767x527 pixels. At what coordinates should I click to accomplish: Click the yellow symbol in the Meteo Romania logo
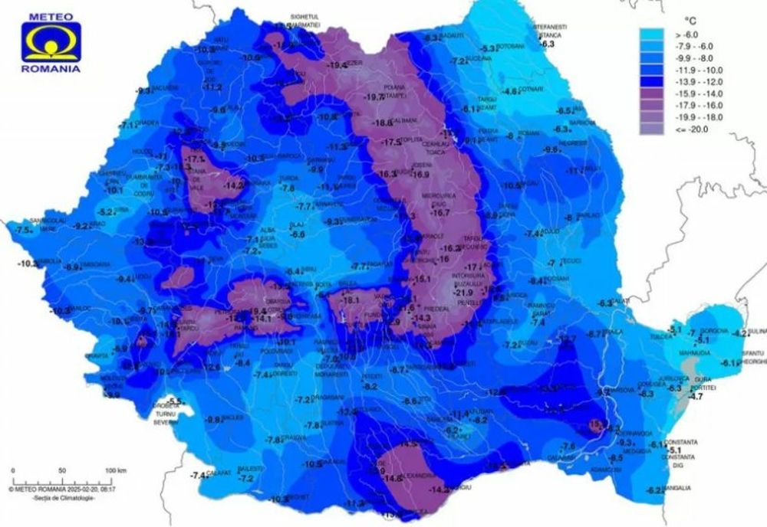(x=50, y=43)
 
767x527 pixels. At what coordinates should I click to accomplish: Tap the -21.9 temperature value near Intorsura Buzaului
(x=464, y=292)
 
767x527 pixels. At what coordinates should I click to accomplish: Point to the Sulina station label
(x=757, y=332)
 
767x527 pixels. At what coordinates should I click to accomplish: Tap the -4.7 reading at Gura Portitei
(x=696, y=397)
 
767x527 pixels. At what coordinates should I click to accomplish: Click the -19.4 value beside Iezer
(x=337, y=66)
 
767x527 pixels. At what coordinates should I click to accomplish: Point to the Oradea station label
(x=148, y=123)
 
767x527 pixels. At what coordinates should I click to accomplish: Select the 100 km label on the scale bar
(x=115, y=469)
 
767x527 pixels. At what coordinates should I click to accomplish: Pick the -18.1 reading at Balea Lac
(x=351, y=300)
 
